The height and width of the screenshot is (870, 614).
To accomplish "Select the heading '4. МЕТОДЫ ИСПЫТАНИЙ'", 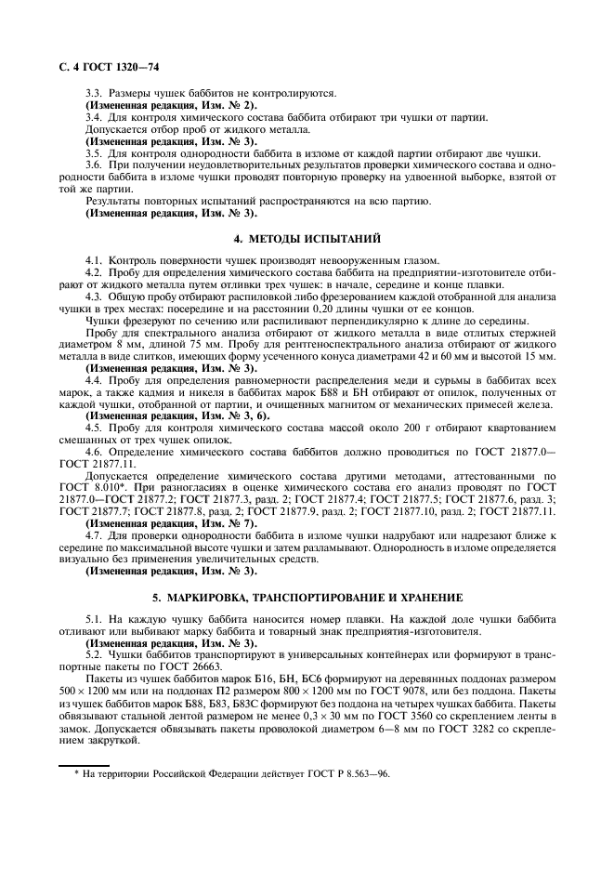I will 307,239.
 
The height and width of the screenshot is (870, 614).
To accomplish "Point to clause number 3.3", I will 94,95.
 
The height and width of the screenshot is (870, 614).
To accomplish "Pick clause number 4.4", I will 94,381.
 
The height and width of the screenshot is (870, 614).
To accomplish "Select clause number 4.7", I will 94,537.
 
